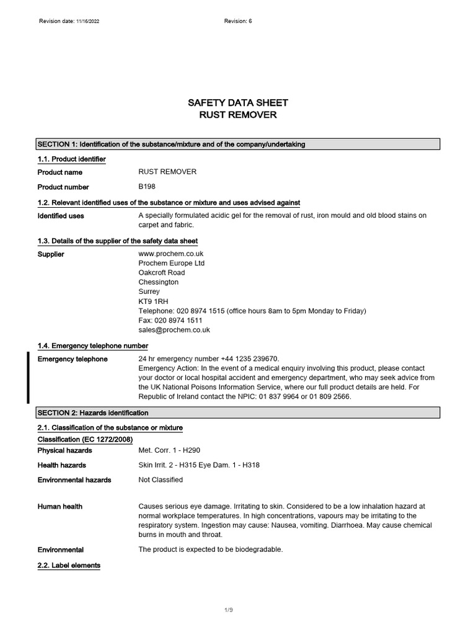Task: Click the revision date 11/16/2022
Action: (88, 21)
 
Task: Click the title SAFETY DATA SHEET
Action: (237, 103)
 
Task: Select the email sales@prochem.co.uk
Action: (174, 330)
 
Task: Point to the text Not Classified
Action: (161, 479)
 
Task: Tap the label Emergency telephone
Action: (73, 359)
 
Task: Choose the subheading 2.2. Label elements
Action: (69, 566)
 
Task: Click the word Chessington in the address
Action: (158, 282)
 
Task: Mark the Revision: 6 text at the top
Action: (238, 21)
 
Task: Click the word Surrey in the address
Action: (149, 291)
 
